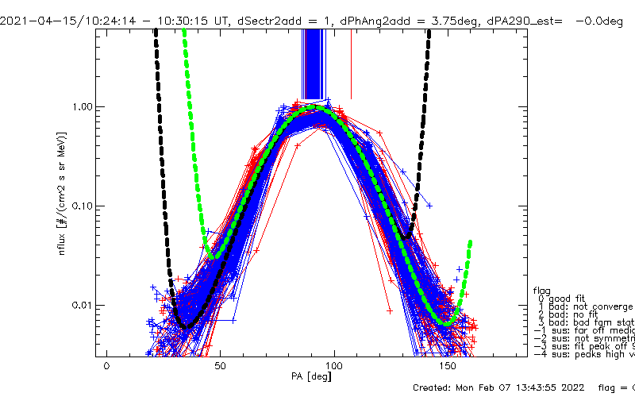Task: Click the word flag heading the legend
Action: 542,290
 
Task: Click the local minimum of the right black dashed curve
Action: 407,237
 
